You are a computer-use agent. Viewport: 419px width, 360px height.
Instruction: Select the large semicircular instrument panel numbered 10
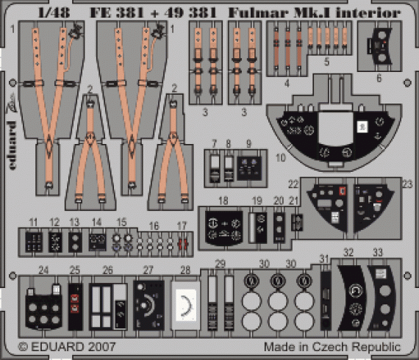[x=332, y=136]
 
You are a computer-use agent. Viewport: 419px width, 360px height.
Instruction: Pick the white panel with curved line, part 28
[x=185, y=302]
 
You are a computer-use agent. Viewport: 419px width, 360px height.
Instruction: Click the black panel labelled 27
[x=151, y=303]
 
